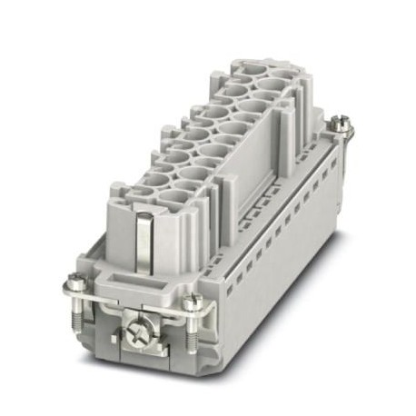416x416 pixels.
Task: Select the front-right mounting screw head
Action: point(192,303)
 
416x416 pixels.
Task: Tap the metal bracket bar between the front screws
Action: point(136,306)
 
